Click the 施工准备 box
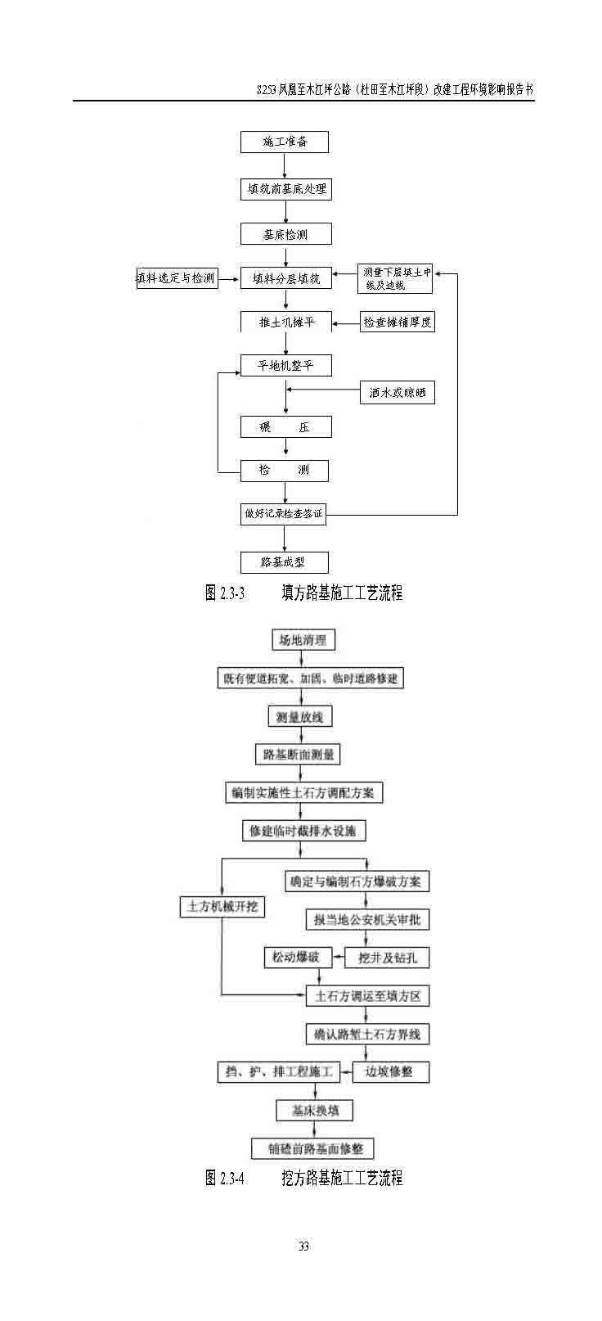(x=285, y=142)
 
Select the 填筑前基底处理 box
(x=285, y=189)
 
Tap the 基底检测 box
(x=285, y=234)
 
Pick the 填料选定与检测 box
(x=176, y=278)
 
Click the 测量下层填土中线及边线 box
(x=395, y=278)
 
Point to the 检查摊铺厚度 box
(x=397, y=322)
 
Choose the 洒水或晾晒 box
(x=397, y=393)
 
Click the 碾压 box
(x=285, y=426)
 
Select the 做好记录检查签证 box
(x=283, y=515)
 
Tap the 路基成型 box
(x=284, y=562)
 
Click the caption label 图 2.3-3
(x=224, y=593)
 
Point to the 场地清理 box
(x=303, y=640)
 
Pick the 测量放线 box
(x=300, y=717)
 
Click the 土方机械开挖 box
(x=222, y=907)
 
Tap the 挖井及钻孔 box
(x=388, y=958)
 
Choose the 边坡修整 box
(x=389, y=1071)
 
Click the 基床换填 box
(x=312, y=1111)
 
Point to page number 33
(x=303, y=1247)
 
